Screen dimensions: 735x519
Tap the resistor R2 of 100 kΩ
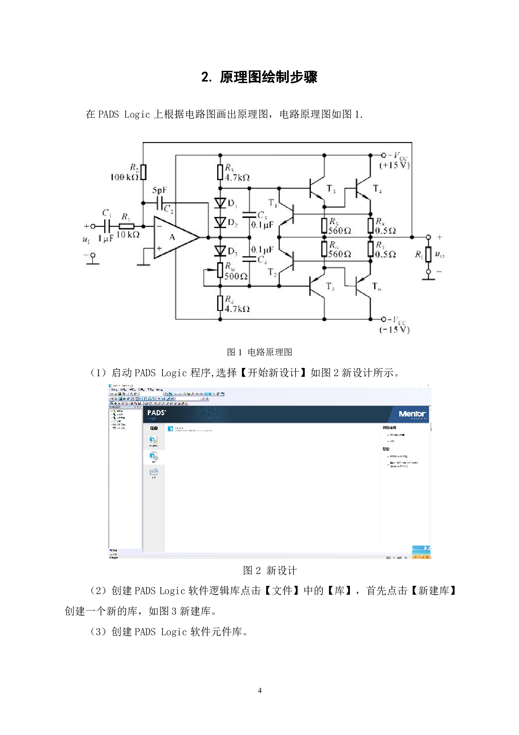143,172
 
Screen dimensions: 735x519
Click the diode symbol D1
220,203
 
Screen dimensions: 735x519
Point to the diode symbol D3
220,251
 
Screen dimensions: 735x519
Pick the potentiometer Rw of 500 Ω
220,270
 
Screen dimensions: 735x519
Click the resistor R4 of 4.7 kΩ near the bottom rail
220,303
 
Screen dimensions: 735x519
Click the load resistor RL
428,254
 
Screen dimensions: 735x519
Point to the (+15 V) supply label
394,166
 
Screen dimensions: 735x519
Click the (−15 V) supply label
394,330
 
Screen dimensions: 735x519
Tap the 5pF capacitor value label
159,190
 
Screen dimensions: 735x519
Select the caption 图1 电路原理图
259,352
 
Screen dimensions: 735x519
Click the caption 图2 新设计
270,570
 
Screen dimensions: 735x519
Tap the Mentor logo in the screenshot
412,414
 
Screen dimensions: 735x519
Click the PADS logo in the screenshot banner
156,413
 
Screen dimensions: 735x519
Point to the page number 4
259,691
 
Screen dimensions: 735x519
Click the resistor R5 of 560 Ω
324,225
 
